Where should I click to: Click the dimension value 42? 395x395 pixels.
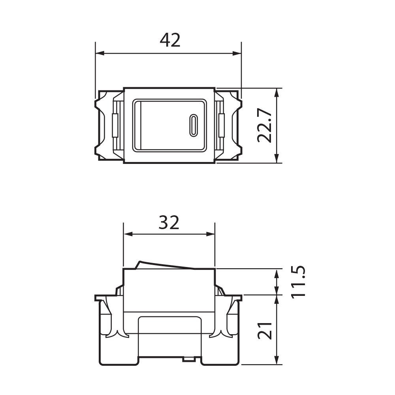pos(170,40)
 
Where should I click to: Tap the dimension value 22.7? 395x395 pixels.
pos(265,126)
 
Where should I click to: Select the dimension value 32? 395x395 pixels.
pos(169,222)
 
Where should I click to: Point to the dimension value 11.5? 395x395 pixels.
pos(298,282)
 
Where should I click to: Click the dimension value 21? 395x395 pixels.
pos(265,331)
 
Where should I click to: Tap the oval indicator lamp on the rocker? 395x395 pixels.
pos(194,126)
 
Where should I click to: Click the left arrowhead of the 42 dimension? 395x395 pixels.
pos(100,53)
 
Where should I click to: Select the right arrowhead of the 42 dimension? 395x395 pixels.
pos(237,53)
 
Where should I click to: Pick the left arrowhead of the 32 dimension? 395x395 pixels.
pos(128,234)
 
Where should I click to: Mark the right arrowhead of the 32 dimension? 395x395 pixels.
pos(211,234)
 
